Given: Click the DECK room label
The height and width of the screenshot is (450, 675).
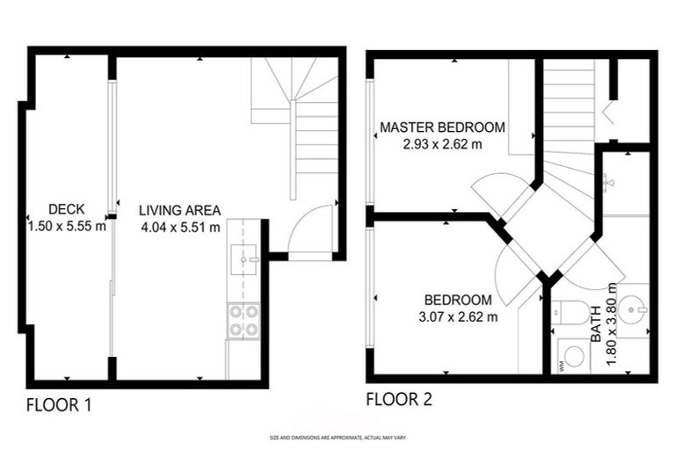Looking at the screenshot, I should (66, 209).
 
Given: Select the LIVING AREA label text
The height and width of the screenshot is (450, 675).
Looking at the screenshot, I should (179, 210).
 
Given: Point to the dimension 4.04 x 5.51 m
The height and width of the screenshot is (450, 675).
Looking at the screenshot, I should (179, 226).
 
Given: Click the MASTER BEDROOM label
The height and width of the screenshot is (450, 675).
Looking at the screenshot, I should (442, 127).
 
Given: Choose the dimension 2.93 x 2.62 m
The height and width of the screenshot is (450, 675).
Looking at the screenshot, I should (442, 144).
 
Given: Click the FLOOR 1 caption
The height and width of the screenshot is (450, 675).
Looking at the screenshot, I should (59, 405).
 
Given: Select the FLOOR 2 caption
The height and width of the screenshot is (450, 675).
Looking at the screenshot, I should (399, 400).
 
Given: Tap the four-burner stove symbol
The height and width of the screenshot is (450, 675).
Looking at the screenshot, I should (243, 320).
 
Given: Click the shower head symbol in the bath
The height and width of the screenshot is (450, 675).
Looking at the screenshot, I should (609, 183).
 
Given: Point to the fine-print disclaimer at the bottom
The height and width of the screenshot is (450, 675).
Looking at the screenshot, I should (337, 437).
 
